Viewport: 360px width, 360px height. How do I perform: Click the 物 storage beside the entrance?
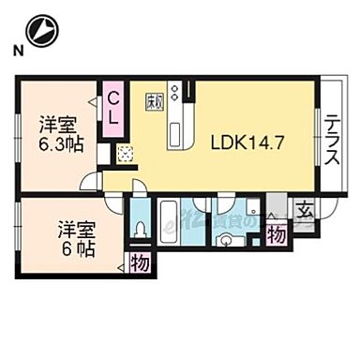coord(277,235)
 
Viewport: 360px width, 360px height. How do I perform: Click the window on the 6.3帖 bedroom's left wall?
coord(20,132)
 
